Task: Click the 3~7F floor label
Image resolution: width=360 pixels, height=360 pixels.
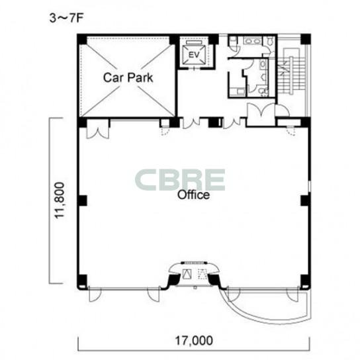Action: [x=66, y=19]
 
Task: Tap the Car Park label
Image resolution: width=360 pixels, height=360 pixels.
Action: [x=128, y=77]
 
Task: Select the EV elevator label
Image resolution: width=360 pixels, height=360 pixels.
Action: [x=194, y=55]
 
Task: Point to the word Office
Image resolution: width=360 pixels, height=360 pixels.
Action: [x=193, y=195]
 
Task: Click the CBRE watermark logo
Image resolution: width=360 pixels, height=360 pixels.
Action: [x=180, y=180]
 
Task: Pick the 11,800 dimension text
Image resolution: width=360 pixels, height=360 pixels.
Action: [x=59, y=201]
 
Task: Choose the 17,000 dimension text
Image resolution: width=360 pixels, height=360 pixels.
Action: [x=194, y=341]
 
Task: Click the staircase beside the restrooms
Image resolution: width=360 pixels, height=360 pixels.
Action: [x=292, y=72]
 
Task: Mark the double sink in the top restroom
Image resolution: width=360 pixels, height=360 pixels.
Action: [x=253, y=41]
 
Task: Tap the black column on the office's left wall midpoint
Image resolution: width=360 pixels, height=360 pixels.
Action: [x=83, y=201]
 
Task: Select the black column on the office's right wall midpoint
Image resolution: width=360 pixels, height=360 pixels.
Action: [x=305, y=201]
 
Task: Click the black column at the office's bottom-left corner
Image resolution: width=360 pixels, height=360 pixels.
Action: [x=82, y=280]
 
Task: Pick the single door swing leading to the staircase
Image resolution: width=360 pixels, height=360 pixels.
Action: [x=283, y=111]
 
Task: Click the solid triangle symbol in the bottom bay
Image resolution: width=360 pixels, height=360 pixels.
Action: [x=187, y=274]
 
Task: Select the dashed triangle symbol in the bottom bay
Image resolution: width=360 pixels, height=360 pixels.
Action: [x=202, y=274]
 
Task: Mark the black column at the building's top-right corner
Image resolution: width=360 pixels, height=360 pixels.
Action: [x=306, y=39]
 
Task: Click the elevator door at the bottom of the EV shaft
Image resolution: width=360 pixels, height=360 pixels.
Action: [x=195, y=68]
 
